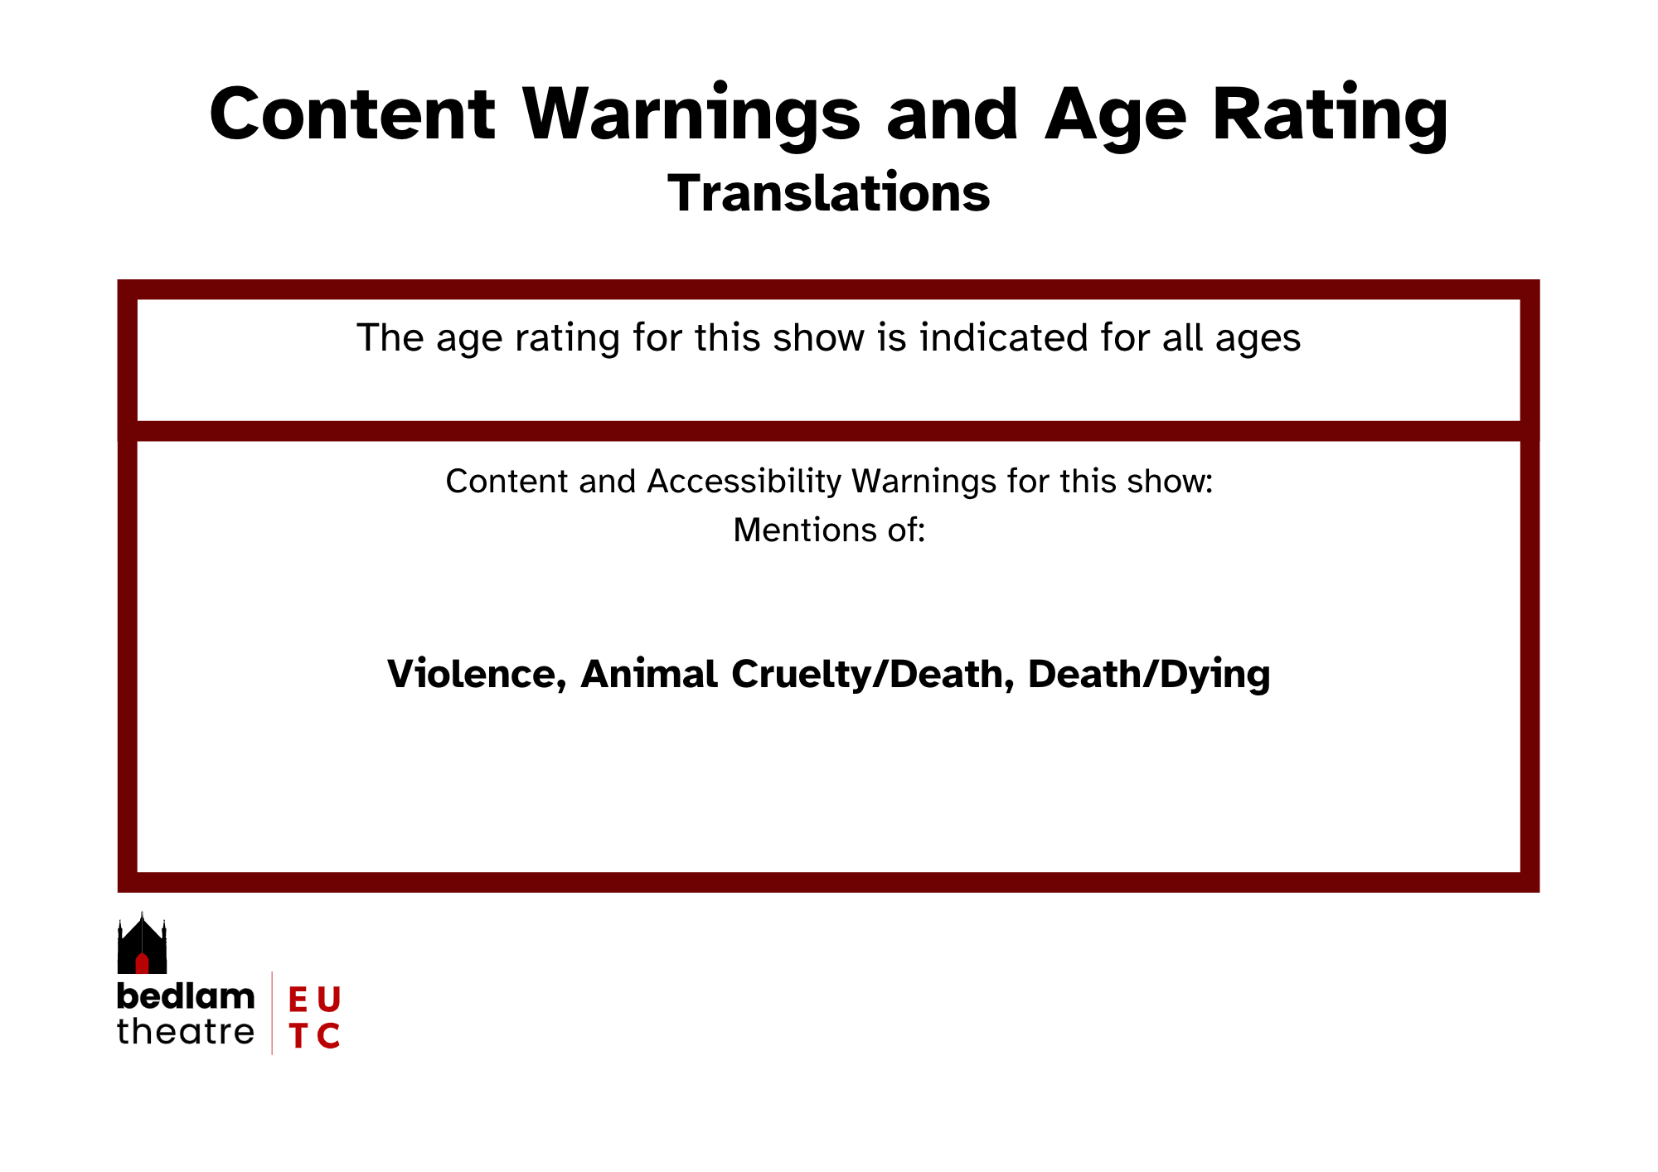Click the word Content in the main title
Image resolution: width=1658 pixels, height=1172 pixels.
(352, 114)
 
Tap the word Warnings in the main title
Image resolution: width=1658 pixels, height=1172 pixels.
(692, 116)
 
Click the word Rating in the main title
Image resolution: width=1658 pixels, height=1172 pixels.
(1331, 116)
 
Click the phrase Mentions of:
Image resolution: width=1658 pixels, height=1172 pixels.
(829, 530)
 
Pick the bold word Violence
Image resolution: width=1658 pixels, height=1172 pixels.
(477, 674)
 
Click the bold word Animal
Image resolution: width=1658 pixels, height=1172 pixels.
(649, 673)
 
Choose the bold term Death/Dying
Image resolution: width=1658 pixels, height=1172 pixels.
(1149, 675)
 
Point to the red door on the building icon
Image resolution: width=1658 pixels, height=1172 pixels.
(142, 963)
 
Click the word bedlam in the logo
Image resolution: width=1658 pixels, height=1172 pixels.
(186, 996)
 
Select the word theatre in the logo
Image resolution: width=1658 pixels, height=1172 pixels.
(186, 1032)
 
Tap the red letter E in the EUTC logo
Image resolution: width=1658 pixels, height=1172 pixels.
(298, 1000)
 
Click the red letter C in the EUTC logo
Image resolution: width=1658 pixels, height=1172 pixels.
(328, 1035)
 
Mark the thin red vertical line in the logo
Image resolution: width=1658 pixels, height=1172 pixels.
(272, 1013)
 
